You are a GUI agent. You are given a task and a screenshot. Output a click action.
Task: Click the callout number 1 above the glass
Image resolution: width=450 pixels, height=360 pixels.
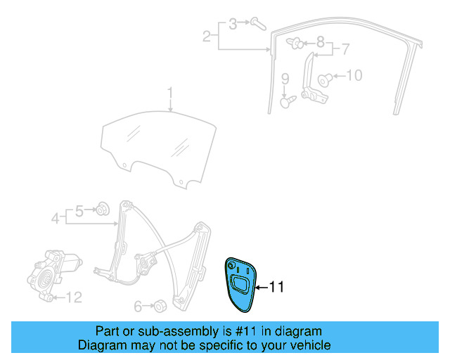click(169, 93)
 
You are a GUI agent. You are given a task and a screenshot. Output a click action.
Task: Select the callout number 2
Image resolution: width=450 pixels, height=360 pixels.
click(207, 36)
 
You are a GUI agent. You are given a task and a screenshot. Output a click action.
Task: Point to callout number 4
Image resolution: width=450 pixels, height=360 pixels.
click(55, 219)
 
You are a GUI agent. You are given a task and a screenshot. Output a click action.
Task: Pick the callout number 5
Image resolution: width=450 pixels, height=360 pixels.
click(79, 210)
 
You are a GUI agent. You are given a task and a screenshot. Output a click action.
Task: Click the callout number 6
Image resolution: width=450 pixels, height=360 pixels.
click(138, 306)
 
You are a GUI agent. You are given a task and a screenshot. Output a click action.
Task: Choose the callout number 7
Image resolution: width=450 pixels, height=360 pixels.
click(345, 49)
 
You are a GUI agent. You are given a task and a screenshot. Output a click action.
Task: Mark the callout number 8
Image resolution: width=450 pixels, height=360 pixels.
click(320, 41)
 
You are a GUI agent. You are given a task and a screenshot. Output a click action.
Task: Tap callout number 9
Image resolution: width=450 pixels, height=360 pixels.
click(285, 78)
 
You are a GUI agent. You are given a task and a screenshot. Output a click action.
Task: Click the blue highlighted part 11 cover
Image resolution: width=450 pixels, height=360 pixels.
click(238, 283)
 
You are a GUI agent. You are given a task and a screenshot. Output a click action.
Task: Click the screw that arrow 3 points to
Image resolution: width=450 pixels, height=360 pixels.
click(257, 24)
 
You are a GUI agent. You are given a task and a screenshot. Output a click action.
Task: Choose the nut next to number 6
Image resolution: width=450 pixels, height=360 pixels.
click(160, 306)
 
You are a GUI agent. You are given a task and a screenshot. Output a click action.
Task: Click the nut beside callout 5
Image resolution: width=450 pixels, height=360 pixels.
click(103, 208)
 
